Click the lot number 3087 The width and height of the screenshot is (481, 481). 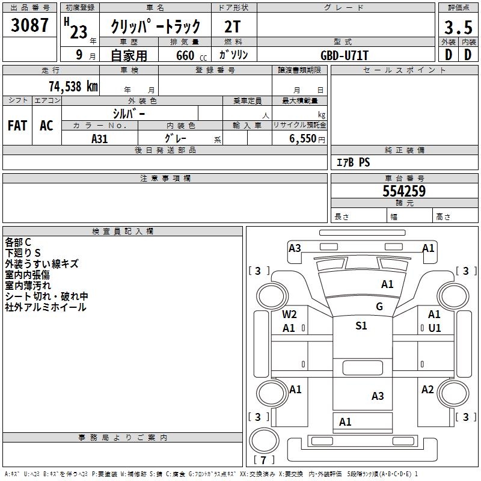30,25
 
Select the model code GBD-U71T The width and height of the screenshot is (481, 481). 345,55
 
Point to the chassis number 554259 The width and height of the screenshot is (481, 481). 404,191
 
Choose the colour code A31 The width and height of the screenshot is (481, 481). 100,138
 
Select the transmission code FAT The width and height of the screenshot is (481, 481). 17,126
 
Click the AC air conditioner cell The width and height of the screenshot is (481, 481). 46,126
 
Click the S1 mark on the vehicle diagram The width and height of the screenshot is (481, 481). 361,326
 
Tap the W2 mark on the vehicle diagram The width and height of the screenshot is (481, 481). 290,314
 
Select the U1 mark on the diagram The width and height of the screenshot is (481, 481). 434,328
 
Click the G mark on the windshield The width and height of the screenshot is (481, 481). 379,307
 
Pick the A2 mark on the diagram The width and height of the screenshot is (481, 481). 427,390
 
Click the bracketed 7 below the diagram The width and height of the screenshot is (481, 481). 263,461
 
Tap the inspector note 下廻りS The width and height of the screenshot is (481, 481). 23,253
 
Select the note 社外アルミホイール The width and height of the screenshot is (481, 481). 46,307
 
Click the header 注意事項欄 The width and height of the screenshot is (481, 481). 165,179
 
